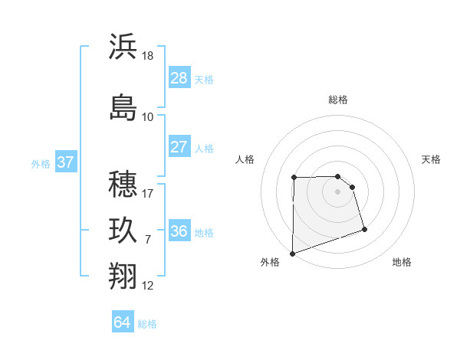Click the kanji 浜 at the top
tap(123, 47)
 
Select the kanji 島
tap(123, 107)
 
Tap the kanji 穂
tap(123, 185)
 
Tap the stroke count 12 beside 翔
tap(149, 286)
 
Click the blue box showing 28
tap(179, 78)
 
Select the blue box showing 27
tap(179, 147)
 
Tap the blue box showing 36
tap(179, 231)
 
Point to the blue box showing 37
tap(66, 162)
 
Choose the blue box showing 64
tap(123, 322)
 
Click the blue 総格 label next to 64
tap(147, 324)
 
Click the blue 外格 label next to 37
tap(41, 163)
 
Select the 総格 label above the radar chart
tap(338, 100)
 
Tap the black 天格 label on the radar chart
tap(432, 159)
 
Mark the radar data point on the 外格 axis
tap(292, 253)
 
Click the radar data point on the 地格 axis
tap(364, 229)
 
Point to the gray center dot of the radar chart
tap(338, 191)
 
